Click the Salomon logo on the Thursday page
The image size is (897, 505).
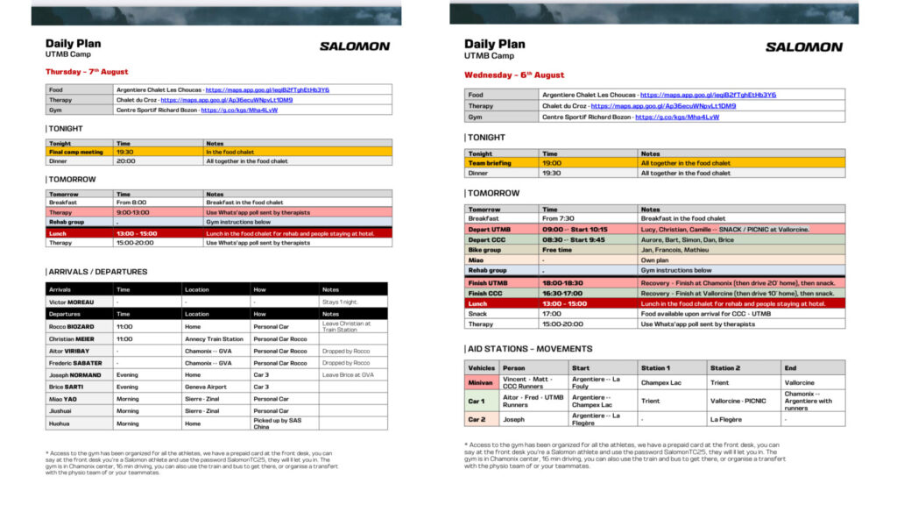click(354, 46)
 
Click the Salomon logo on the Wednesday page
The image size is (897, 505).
click(804, 47)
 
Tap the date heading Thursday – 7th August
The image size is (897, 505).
click(87, 72)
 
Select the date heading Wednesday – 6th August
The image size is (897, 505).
click(514, 75)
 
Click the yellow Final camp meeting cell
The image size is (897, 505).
click(76, 152)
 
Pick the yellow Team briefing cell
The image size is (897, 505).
click(490, 163)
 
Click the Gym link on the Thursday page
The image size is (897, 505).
click(239, 110)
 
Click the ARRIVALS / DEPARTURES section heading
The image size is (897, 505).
click(97, 272)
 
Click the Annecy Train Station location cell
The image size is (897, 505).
click(214, 338)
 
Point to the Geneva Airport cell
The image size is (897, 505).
click(206, 387)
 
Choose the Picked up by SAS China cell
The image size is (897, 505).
click(277, 423)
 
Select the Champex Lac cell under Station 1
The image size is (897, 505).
click(661, 383)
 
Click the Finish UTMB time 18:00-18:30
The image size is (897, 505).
click(564, 284)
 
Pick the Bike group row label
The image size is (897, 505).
click(484, 250)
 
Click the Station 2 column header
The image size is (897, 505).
click(725, 368)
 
